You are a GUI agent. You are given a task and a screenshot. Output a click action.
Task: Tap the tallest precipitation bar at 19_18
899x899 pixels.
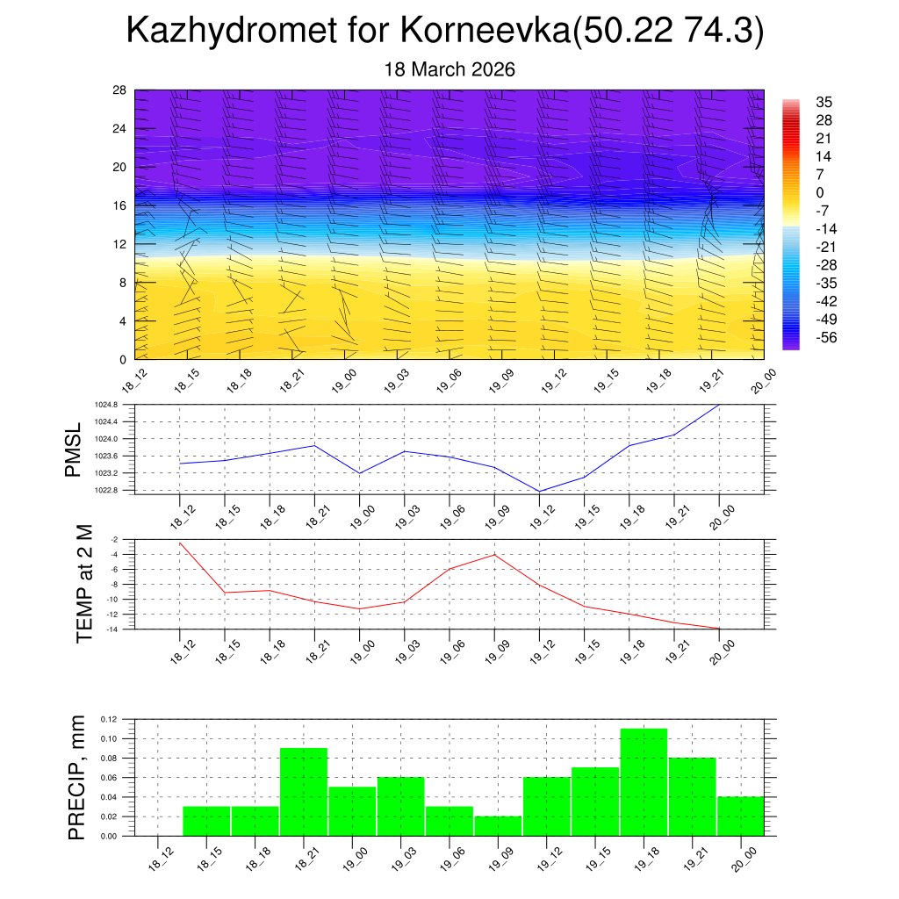(644, 781)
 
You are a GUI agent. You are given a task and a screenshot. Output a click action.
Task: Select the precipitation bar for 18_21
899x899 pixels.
(304, 791)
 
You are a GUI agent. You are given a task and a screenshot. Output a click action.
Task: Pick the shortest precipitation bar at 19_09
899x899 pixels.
(498, 826)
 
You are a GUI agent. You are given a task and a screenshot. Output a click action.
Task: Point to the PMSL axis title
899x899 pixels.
(73, 449)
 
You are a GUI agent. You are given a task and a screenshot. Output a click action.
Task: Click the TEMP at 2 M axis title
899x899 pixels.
(84, 583)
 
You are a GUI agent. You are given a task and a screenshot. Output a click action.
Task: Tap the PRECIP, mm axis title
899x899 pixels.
(78, 778)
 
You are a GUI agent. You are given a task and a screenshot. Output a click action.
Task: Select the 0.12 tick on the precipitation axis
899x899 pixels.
(109, 719)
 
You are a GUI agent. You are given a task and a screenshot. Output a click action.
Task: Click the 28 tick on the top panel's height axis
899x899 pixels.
(120, 90)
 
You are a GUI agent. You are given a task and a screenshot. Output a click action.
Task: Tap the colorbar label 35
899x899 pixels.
(823, 102)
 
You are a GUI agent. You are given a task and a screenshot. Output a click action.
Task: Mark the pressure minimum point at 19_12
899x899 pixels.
(539, 492)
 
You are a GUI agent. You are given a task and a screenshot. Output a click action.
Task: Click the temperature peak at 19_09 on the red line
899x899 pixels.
(494, 555)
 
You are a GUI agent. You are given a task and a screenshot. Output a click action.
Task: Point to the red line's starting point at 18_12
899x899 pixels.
(180, 543)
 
